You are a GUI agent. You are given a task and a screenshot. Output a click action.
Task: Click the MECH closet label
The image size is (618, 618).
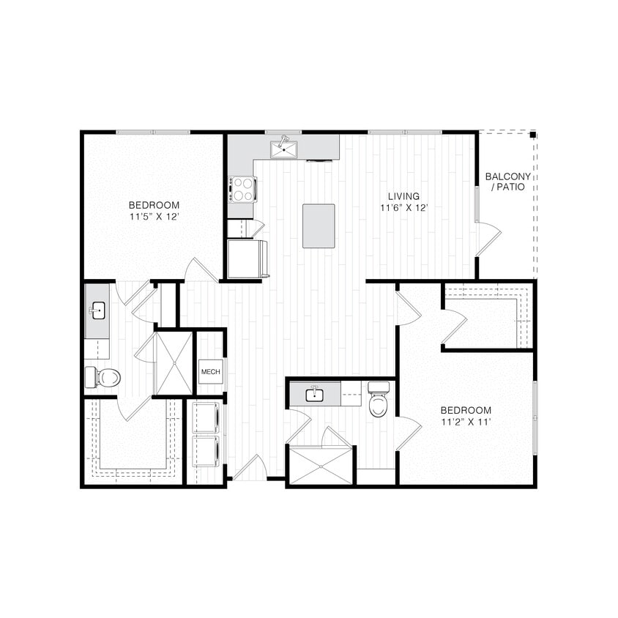(x=210, y=371)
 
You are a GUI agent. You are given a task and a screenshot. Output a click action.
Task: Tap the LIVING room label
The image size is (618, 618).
(x=403, y=196)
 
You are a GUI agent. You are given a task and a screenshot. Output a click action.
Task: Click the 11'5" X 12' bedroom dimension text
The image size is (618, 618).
(x=154, y=217)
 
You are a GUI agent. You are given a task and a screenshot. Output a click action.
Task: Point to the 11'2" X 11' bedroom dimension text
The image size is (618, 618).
(x=466, y=422)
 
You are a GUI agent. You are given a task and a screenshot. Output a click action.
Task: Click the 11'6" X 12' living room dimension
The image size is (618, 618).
(x=403, y=207)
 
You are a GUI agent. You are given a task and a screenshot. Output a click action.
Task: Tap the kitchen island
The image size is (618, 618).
(x=319, y=226)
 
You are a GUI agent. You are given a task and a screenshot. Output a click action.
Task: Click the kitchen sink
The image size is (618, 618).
(x=284, y=149)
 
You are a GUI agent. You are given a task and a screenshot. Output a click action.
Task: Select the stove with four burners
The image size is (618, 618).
(x=242, y=189)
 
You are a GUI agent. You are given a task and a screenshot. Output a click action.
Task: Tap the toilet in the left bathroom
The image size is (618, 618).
(x=103, y=377)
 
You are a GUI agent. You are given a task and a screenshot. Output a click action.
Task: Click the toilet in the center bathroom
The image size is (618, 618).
(x=378, y=401)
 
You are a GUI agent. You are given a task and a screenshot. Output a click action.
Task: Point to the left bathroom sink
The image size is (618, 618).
(x=97, y=312)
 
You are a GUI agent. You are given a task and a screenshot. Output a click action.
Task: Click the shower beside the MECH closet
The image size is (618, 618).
(x=174, y=363)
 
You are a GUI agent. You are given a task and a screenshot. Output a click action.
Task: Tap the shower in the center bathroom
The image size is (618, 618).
(x=321, y=466)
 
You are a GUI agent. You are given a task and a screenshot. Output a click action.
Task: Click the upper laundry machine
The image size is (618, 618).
(x=206, y=417)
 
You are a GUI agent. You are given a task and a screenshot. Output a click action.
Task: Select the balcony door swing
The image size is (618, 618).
(x=487, y=239)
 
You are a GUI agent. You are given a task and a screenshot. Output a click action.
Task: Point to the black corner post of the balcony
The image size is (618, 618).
(x=533, y=135)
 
